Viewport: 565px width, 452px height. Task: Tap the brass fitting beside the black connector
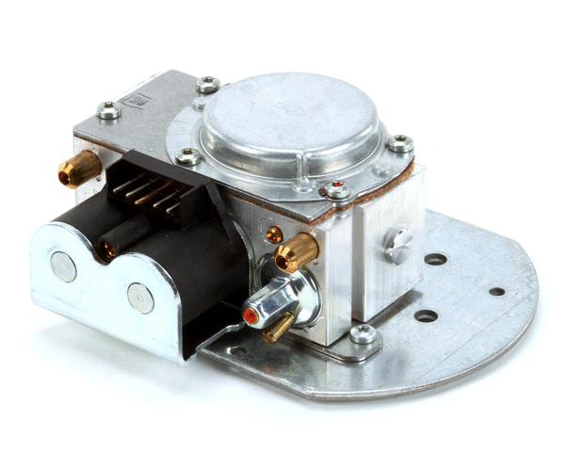click(79, 170)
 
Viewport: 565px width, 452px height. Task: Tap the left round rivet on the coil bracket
click(63, 267)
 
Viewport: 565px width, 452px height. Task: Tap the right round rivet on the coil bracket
click(140, 299)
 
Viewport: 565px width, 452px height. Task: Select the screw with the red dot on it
click(337, 191)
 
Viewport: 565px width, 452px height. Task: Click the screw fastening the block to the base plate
click(362, 332)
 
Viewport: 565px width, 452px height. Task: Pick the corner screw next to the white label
click(109, 111)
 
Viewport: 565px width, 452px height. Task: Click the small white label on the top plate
click(138, 97)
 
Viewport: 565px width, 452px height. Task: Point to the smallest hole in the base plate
click(496, 291)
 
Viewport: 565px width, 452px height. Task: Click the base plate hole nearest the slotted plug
click(435, 259)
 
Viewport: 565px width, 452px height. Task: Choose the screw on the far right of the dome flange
click(400, 144)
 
